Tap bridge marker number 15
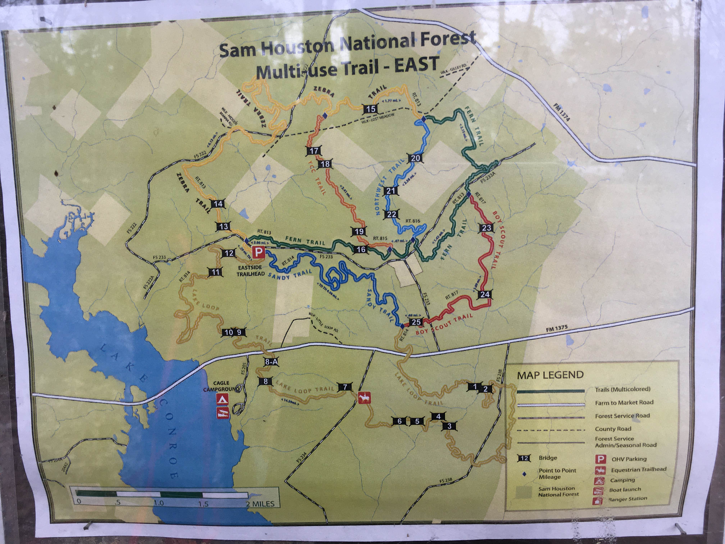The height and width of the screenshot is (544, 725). pyautogui.click(x=371, y=108)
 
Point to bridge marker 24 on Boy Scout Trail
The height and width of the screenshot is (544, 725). pyautogui.click(x=485, y=294)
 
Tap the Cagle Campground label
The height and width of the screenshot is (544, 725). pyautogui.click(x=221, y=386)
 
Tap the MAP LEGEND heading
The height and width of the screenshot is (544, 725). pyautogui.click(x=550, y=375)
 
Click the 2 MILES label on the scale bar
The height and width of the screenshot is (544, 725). pyautogui.click(x=260, y=503)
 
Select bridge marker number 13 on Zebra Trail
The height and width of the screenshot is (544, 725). pyautogui.click(x=224, y=226)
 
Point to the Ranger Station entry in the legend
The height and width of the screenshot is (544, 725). pyautogui.click(x=628, y=499)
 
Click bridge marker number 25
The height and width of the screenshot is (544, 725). pyautogui.click(x=416, y=322)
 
